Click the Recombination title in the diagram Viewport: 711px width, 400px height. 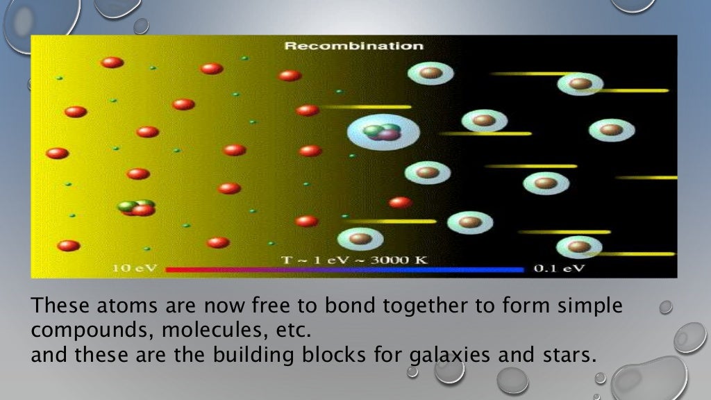353,47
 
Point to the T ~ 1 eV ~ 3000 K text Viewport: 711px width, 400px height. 354,260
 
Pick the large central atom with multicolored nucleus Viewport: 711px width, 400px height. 383,131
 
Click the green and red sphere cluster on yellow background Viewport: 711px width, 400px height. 137,208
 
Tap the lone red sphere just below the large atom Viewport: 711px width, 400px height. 400,203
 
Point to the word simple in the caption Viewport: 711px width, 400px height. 587,306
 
